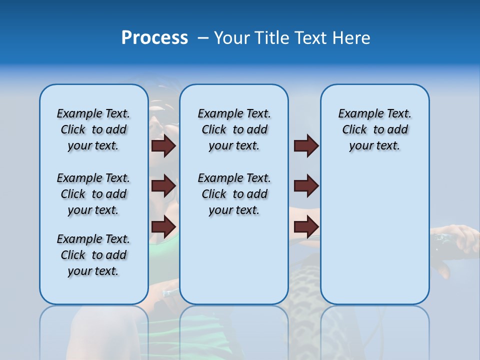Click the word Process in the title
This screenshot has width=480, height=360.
(x=154, y=38)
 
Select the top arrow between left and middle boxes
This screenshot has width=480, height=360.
(x=163, y=146)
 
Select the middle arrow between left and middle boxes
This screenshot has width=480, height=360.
(x=163, y=186)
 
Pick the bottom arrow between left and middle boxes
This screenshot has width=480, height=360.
(x=163, y=226)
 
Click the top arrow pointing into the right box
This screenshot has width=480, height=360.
(x=306, y=146)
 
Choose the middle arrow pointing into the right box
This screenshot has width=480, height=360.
(x=306, y=186)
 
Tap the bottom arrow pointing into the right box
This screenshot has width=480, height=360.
(x=306, y=226)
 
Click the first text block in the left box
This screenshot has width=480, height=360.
(x=93, y=129)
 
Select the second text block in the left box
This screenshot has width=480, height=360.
(x=93, y=194)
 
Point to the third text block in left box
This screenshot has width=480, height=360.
(x=93, y=255)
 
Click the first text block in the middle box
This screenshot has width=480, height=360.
(x=234, y=129)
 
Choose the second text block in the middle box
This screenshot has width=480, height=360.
(x=234, y=194)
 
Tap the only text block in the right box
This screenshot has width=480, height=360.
(x=374, y=129)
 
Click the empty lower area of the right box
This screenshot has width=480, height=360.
(x=374, y=235)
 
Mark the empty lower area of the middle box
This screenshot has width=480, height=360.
(x=234, y=265)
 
